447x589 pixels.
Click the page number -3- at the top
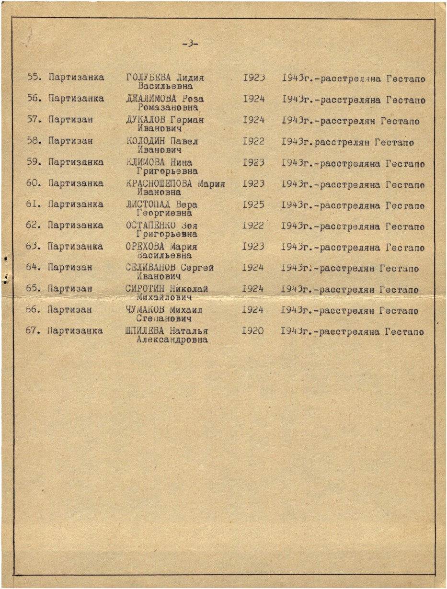point(190,44)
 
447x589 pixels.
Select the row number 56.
point(33,99)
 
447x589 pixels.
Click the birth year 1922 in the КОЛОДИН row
point(253,142)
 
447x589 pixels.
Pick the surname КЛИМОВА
point(146,162)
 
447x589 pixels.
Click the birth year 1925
point(253,204)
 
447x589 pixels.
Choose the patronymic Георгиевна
point(164,213)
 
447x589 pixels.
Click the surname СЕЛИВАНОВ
point(149,268)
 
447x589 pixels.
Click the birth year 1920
point(253,331)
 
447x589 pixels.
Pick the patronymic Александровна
point(172,340)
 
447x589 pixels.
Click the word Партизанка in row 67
point(75,330)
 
